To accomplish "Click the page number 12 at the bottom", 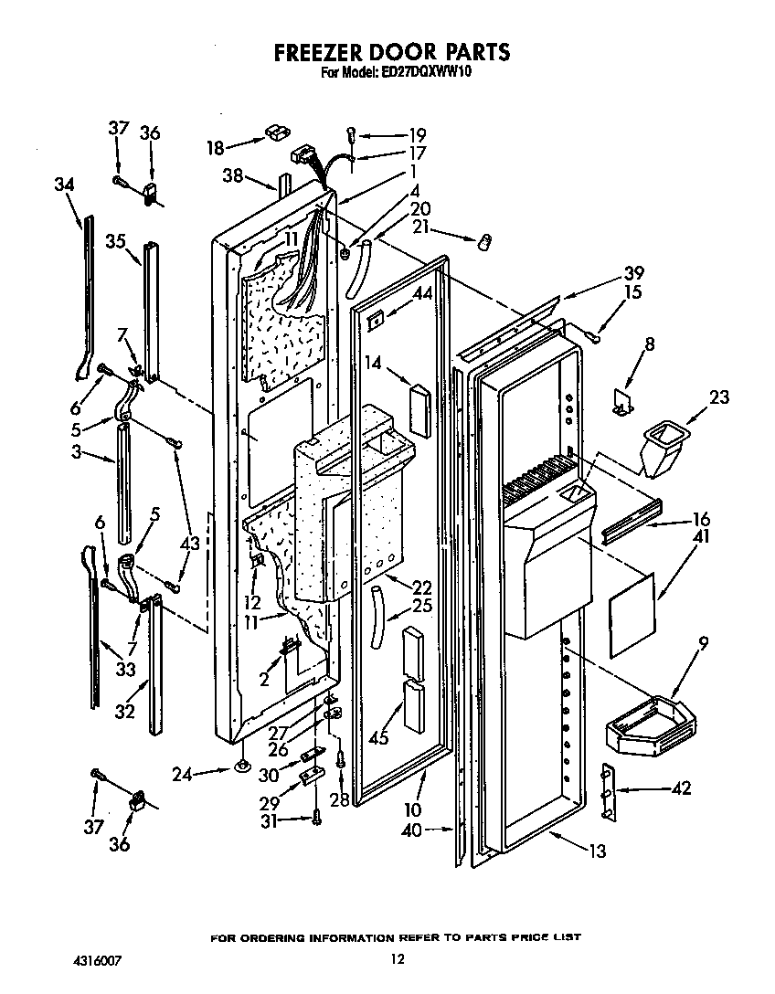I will click(396, 959).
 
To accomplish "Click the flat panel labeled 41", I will click(632, 615).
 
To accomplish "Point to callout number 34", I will click(63, 185).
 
